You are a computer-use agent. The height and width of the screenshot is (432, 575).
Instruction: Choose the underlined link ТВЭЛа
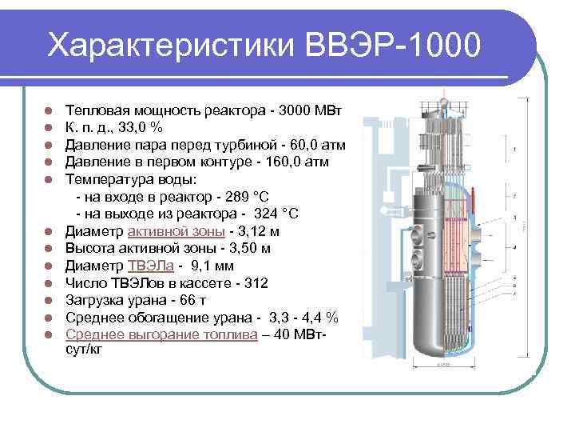(x=146, y=266)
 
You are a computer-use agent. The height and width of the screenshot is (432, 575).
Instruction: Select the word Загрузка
(x=94, y=301)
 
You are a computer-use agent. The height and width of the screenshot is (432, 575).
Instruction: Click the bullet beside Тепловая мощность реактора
(x=48, y=110)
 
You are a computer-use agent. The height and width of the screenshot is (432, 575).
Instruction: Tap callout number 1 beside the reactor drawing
(x=516, y=149)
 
